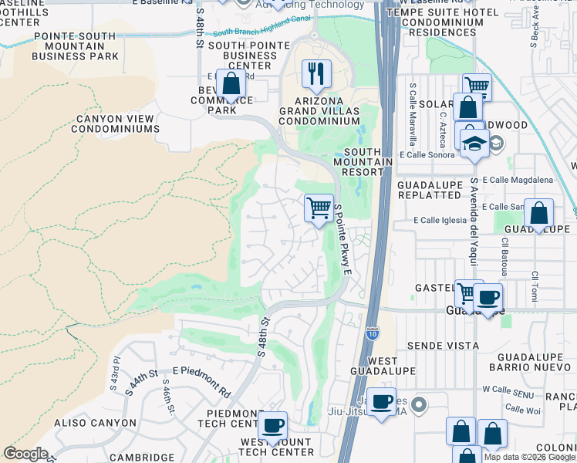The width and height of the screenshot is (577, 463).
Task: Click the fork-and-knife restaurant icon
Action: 316,74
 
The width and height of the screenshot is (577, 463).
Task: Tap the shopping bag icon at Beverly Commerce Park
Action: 230,85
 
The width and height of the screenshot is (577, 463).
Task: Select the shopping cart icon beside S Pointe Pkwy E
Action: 319,208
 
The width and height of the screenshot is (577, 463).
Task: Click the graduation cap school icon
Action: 474,143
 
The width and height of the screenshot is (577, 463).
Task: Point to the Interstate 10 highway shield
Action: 373,333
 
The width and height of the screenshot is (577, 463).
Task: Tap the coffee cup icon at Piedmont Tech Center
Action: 272,425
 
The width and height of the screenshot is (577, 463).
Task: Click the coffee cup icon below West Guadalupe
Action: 380,401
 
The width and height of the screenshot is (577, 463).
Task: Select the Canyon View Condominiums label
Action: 116,124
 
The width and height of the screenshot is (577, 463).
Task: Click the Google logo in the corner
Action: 25,454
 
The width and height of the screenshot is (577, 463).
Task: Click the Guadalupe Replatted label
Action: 429,191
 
